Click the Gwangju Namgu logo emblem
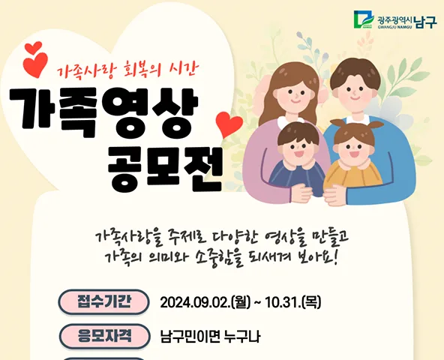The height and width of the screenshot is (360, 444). pos(364,19)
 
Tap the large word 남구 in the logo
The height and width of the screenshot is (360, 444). pos(425,22)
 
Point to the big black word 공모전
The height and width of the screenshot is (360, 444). pos(165,170)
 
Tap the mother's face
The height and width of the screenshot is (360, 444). pos(295,95)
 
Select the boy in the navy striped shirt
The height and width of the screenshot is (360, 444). pos(297,161)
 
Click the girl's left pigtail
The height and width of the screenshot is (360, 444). pos(337,124)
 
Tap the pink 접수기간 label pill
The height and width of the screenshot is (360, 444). pos(104,302)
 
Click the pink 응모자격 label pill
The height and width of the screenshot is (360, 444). pos(104,336)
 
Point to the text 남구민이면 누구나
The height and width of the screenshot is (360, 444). pos(211,337)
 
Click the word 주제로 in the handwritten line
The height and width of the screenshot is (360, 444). pos(185,238)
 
